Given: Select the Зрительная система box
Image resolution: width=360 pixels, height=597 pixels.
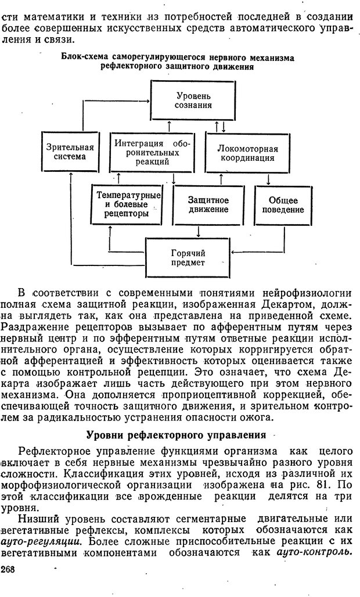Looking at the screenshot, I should tap(70, 151).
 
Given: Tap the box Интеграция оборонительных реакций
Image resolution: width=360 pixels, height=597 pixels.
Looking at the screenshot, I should tap(152, 152).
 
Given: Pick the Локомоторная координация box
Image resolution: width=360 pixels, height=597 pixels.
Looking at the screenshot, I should tap(247, 153).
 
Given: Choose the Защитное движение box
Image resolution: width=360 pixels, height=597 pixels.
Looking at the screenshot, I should tap(208, 204).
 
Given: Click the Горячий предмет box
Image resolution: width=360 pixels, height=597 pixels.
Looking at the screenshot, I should tap(188, 258).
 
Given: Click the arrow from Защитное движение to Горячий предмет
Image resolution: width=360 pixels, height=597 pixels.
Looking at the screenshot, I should tap(199, 232).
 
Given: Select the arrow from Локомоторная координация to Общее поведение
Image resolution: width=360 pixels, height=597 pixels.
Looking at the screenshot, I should tap(268, 179).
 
